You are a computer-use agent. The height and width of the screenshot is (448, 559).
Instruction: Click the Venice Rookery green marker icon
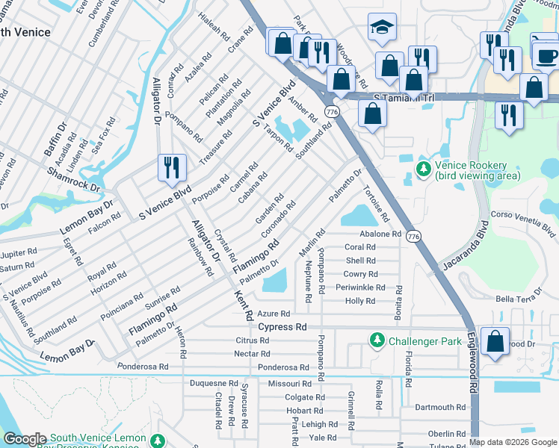[424, 170]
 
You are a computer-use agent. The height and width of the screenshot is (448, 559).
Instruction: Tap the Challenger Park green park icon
[377, 341]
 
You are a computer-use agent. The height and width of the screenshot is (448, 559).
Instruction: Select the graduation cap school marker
[382, 29]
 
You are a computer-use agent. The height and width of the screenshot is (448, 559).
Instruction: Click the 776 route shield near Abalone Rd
[414, 235]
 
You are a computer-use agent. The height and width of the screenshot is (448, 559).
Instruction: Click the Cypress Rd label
[282, 327]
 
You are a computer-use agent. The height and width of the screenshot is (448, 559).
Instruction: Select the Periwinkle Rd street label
[360, 287]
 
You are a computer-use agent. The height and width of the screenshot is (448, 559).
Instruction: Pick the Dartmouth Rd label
[440, 408]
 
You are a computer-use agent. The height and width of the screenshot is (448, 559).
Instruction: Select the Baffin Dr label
[55, 137]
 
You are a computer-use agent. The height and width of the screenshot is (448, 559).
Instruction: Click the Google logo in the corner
[25, 439]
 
